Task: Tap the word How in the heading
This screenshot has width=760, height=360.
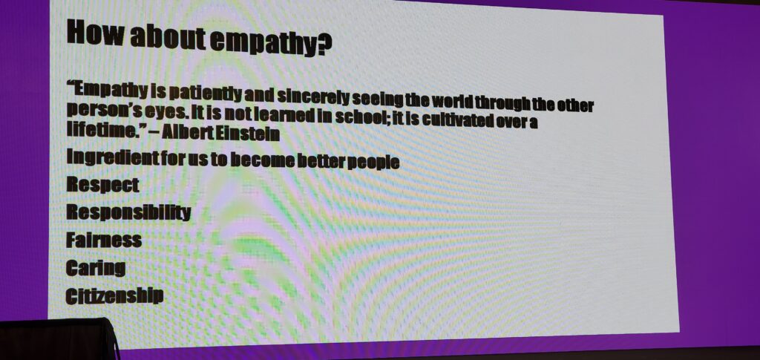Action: click(x=94, y=31)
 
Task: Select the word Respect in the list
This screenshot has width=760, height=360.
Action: click(x=102, y=185)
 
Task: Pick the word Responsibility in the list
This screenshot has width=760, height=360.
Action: click(x=128, y=212)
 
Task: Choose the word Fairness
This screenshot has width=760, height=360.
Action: click(x=104, y=240)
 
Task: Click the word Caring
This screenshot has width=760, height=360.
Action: click(x=96, y=268)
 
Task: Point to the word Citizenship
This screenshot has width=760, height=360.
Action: click(x=114, y=295)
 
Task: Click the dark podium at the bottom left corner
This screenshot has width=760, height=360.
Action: click(x=57, y=339)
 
